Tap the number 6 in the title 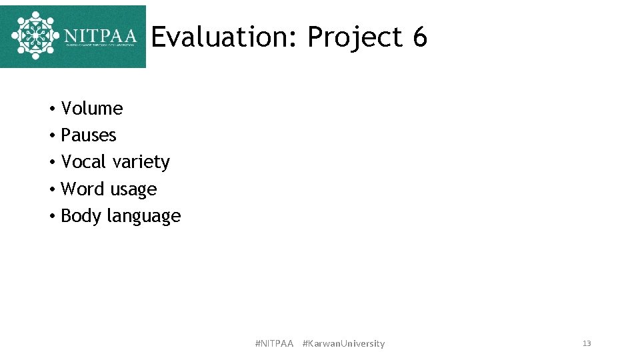coord(419,37)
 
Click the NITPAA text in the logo coord(101,35)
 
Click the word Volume coord(92,109)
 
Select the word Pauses coord(89,135)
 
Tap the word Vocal coord(85,162)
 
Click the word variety coord(142,163)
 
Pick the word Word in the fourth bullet coord(83,189)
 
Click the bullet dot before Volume coord(51,109)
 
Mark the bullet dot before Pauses coord(51,136)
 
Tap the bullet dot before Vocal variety coord(51,163)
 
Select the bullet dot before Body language coord(51,217)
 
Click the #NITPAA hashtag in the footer coord(274,343)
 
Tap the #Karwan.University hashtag coord(343,343)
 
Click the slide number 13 coord(587,343)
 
